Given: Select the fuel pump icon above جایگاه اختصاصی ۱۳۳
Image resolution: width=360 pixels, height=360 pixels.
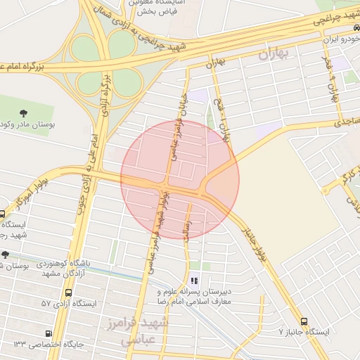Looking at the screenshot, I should (x=48, y=333).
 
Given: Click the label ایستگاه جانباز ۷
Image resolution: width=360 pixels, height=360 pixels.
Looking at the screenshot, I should (x=304, y=331).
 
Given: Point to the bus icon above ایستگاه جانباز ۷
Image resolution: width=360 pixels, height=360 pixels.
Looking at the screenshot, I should (x=304, y=321).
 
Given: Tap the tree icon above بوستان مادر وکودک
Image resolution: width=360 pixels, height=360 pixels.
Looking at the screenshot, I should (x=25, y=112).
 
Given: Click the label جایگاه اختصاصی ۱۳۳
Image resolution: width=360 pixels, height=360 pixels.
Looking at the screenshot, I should (x=48, y=345).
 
